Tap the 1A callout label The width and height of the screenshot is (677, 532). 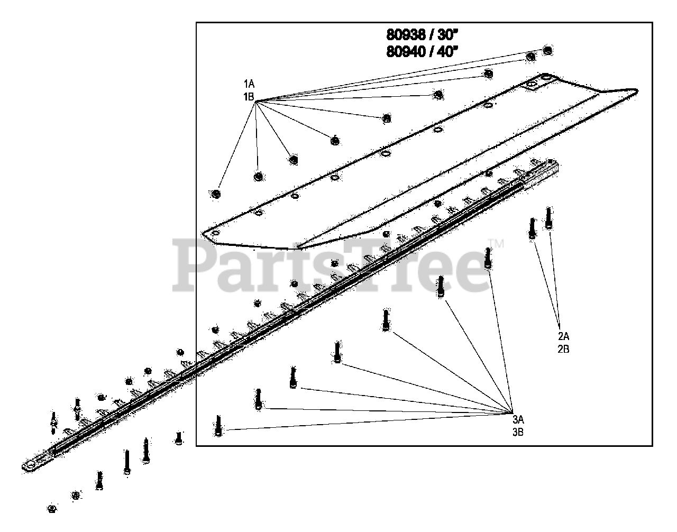coord(249,84)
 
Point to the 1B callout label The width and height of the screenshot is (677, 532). coord(249,96)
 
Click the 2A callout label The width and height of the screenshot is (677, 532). coord(563,336)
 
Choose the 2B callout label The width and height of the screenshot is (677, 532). coord(563,348)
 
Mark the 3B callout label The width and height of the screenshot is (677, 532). coord(518,432)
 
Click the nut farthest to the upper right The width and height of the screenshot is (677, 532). coord(548,50)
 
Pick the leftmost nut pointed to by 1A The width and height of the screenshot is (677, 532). coord(215,194)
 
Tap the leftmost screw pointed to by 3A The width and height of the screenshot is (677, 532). coord(218,426)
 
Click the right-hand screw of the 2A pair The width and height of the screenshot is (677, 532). coord(549,217)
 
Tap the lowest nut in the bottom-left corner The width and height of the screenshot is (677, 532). coord(52,509)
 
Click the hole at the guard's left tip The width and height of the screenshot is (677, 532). coord(214,233)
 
